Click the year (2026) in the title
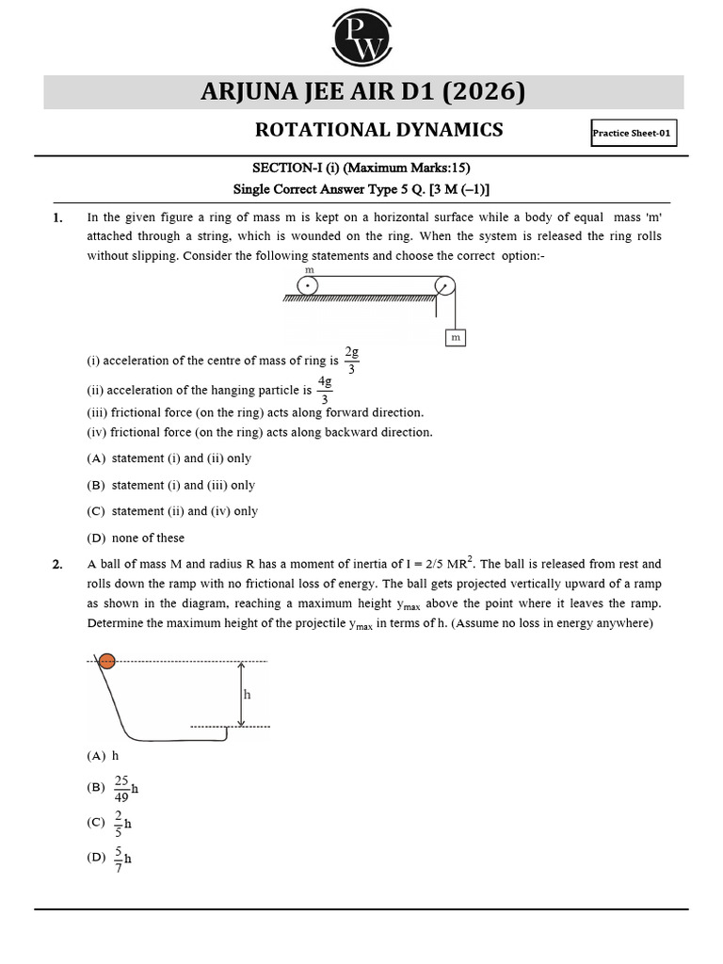point(483,92)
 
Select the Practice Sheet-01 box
point(633,133)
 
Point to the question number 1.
point(57,217)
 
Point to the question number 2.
point(57,564)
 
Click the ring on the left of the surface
point(308,285)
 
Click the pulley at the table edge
point(445,285)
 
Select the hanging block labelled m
point(455,336)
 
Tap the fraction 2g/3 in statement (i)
point(351,360)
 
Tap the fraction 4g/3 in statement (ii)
point(325,390)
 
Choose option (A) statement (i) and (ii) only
point(169,458)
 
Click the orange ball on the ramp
point(107,661)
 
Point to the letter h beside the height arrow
point(248,694)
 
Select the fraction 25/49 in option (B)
point(121,788)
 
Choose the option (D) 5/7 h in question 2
point(110,858)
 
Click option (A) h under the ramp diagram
point(103,755)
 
